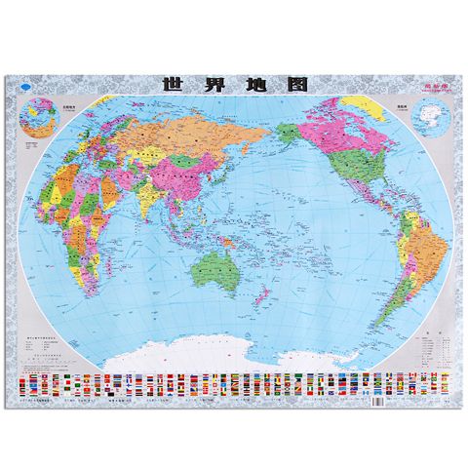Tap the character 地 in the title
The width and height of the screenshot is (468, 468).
(x=250, y=85)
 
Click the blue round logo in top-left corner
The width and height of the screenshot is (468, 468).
(x=24, y=86)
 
